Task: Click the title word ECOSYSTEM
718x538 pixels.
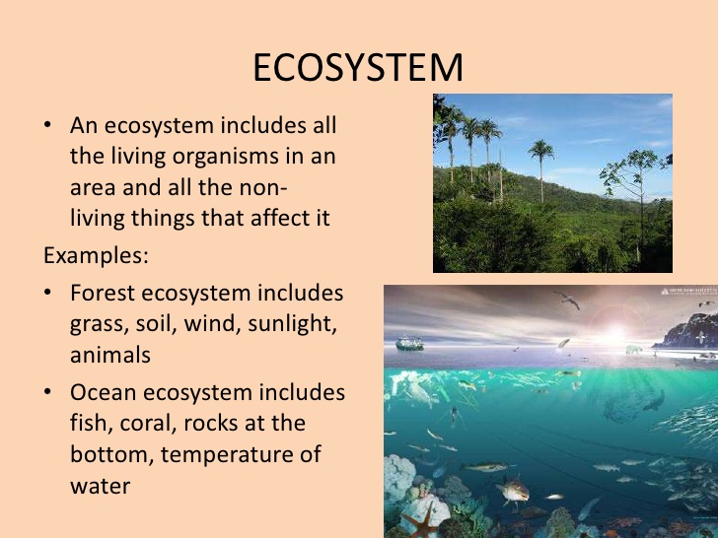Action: pyautogui.click(x=358, y=67)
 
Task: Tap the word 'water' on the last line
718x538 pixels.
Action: pyautogui.click(x=100, y=485)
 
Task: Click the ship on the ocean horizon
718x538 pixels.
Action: pyautogui.click(x=409, y=343)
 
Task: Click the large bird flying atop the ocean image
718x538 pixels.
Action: pyautogui.click(x=566, y=300)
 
